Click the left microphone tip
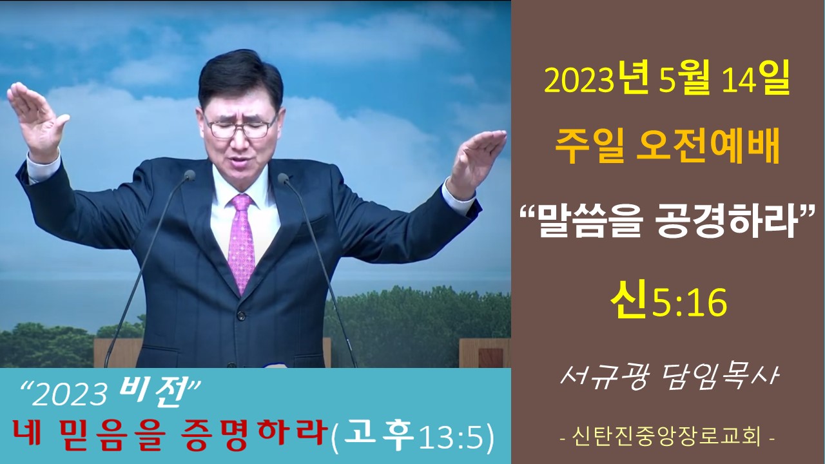coord(189,175)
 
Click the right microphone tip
coord(283,179)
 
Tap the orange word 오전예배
coord(708,146)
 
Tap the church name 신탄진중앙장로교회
coord(667,438)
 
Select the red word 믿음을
coord(110,434)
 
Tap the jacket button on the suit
coord(241,316)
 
